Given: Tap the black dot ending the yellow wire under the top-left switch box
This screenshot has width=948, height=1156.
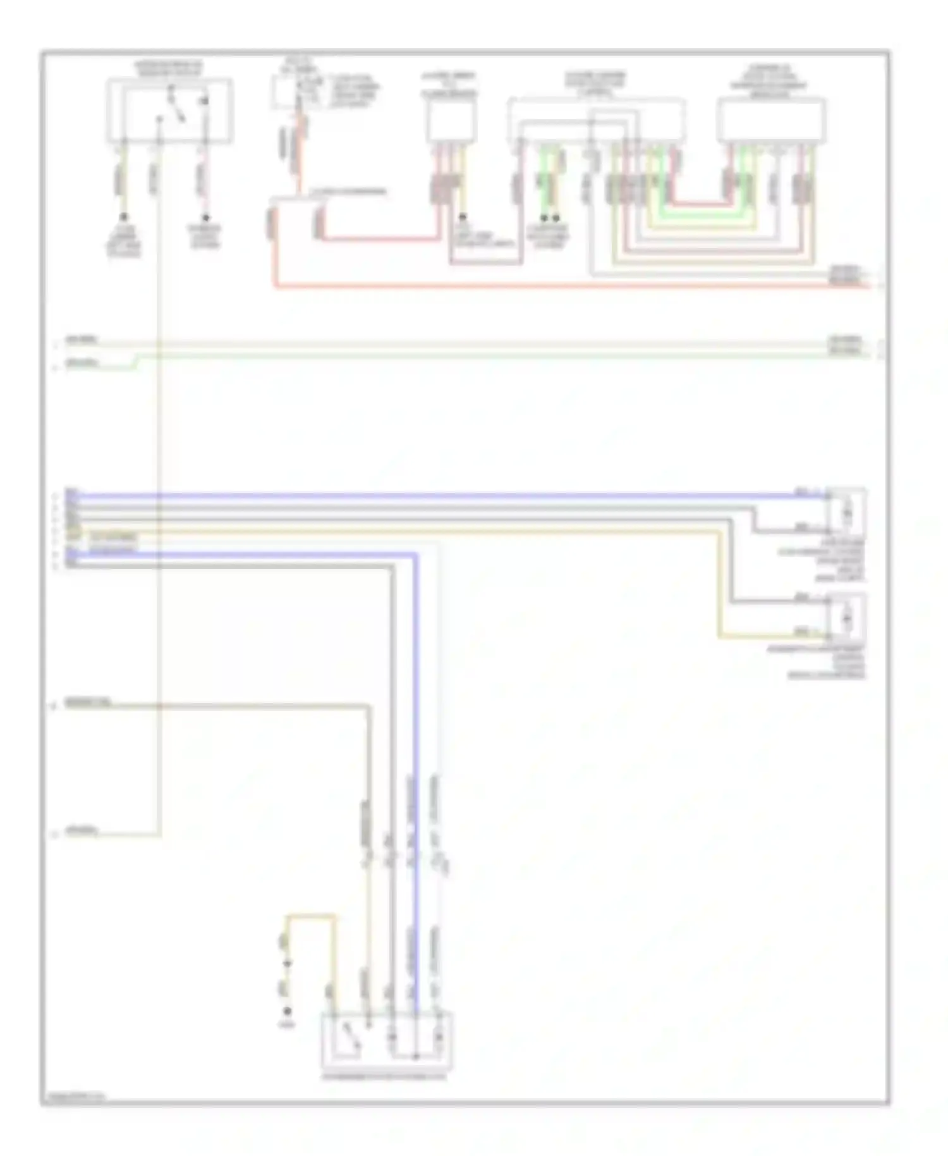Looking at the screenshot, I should [x=125, y=217].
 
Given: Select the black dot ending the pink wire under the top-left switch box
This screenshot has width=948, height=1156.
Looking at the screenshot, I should [x=205, y=217].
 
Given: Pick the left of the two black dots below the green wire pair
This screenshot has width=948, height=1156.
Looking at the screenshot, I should [x=544, y=218].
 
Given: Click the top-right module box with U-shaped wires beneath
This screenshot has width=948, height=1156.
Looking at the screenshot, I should [x=770, y=120].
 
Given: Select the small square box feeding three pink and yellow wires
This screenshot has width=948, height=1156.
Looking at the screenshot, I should [x=451, y=121].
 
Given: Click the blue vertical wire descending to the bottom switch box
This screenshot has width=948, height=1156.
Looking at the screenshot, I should [x=415, y=759].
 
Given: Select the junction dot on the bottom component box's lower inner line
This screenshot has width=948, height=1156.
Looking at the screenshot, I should [x=415, y=1057].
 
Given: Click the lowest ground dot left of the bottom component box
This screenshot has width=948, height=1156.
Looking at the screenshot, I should [x=288, y=1011].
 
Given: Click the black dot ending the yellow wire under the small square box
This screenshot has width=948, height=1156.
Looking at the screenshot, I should [x=463, y=217].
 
